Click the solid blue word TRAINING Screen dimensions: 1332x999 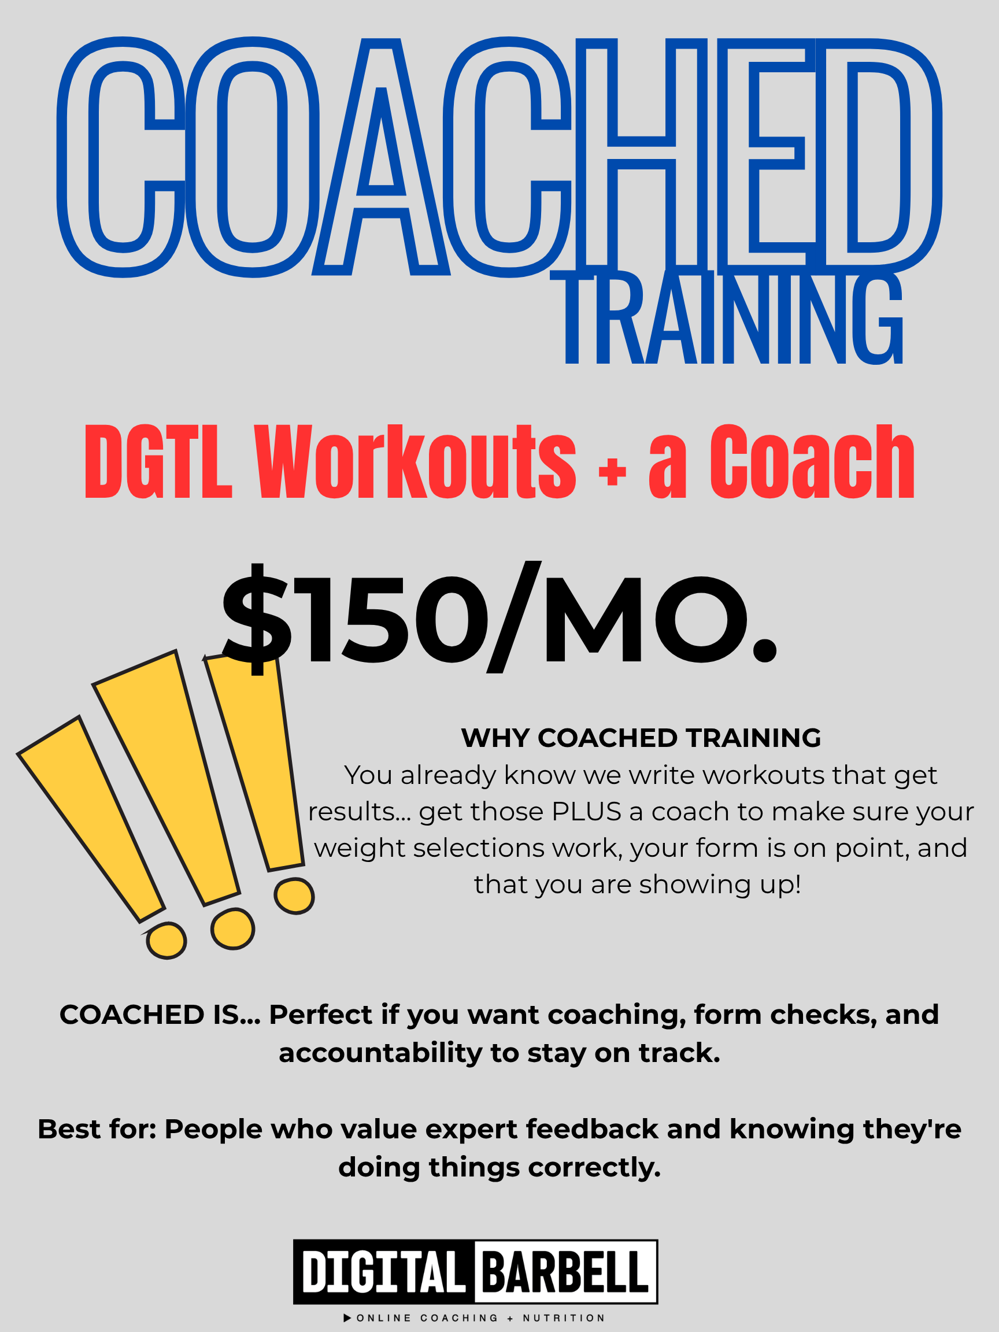tap(734, 318)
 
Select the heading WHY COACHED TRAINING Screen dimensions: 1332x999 tap(641, 738)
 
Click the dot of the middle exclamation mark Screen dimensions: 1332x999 tap(233, 928)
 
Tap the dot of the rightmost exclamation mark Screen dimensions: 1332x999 tap(294, 896)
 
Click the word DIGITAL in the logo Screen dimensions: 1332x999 tap(383, 1271)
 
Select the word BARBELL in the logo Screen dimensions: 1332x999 tap(564, 1271)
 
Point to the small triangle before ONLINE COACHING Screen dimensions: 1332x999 tap(347, 1318)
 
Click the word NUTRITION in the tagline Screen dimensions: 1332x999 tap(564, 1318)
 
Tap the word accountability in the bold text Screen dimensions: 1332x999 tap(380, 1053)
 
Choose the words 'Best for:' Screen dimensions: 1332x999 tap(98, 1129)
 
